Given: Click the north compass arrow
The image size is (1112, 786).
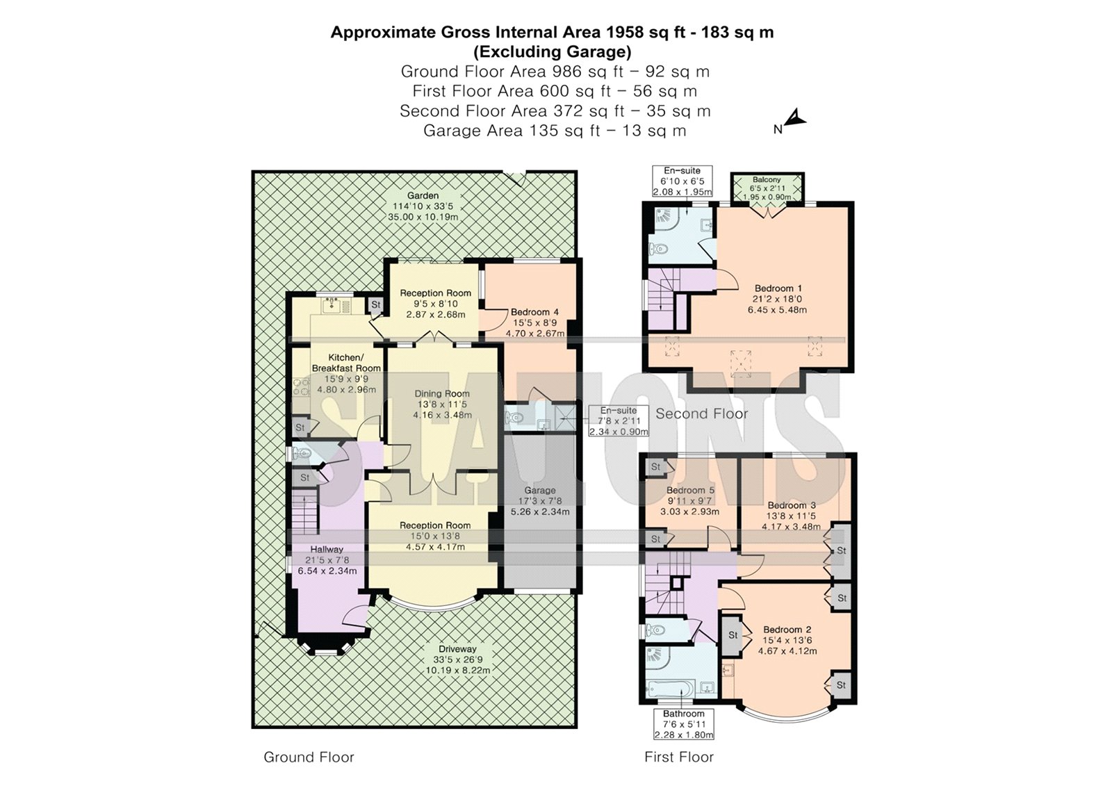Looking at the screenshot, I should (x=796, y=120).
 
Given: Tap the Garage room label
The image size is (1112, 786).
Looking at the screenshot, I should (x=540, y=490).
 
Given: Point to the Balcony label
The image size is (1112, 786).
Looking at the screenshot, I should (x=767, y=180).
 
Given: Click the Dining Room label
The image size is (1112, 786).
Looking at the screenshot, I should (x=442, y=394).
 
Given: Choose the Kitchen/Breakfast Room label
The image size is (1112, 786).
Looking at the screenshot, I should (x=346, y=363).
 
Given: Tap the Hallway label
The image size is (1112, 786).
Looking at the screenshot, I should (x=327, y=549).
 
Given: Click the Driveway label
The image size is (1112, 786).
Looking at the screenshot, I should (x=457, y=649).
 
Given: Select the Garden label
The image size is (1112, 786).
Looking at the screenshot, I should (x=423, y=196).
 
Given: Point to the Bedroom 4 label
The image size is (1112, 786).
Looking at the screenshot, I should (x=534, y=313).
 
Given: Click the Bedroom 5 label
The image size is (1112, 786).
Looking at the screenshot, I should (x=690, y=491).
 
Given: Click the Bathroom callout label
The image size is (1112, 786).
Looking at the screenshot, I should (x=683, y=714).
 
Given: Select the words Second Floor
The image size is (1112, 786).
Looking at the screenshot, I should (x=701, y=414).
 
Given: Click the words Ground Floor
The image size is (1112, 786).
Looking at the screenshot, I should (x=309, y=758).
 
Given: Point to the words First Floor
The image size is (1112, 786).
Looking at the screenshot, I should (x=678, y=758).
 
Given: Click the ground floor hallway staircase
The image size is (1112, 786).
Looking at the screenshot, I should (x=304, y=511).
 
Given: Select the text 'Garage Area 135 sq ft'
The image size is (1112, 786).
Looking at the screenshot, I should (x=510, y=131).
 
